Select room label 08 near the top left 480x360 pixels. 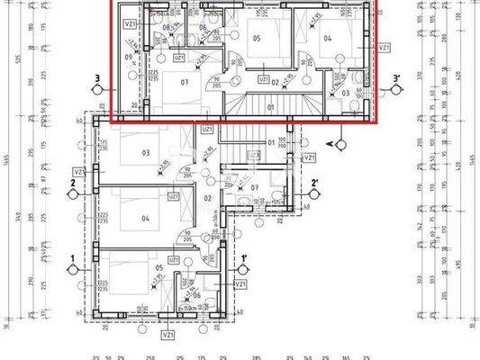pos(167,28)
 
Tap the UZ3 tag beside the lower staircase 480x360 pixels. pos(254,155)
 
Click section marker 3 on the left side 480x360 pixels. pos(96,78)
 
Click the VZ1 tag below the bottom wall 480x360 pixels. pos(168,335)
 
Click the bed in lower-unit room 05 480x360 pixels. pos(126,270)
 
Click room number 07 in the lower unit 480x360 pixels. pos(255,187)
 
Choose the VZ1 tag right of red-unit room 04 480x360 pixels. pos(385,47)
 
